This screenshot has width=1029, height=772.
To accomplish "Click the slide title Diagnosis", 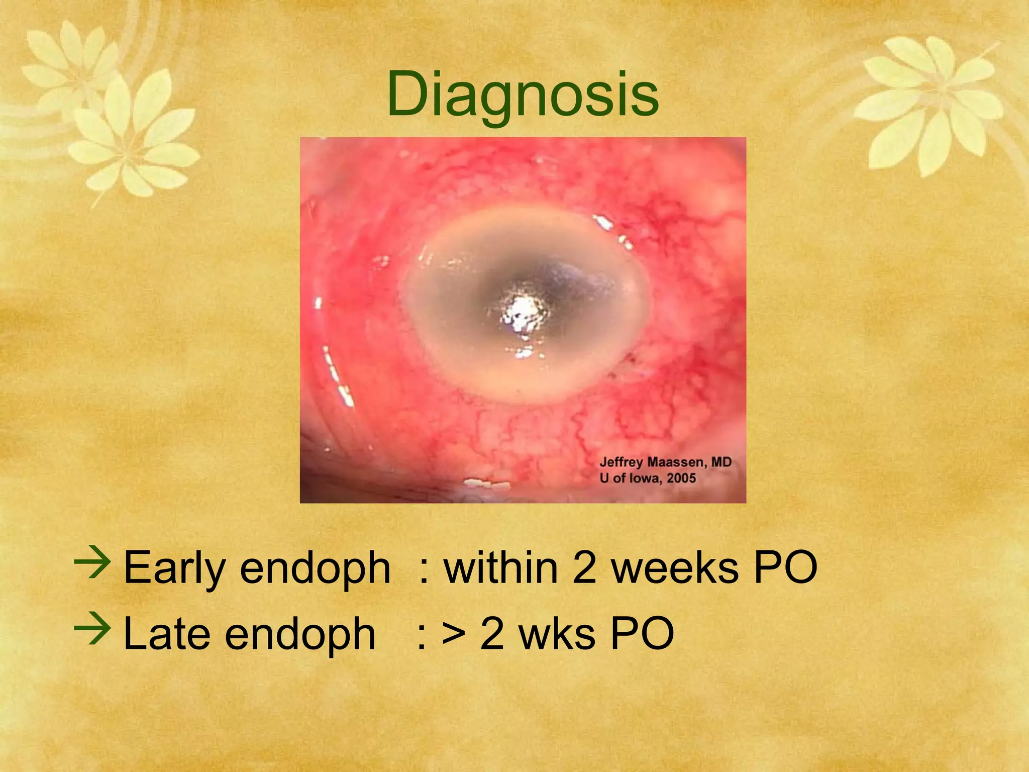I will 523,94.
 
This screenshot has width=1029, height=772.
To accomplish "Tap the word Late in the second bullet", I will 166,633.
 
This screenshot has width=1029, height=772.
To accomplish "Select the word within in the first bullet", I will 501,567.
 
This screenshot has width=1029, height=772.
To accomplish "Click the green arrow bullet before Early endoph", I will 92,563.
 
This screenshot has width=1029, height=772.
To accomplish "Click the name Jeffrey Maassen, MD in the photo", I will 665,462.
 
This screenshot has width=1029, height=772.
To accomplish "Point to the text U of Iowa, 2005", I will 648,478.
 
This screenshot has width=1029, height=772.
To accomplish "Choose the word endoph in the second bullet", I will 300,633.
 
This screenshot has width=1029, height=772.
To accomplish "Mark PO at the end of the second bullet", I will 642,633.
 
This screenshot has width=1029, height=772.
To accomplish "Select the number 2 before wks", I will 492,633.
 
